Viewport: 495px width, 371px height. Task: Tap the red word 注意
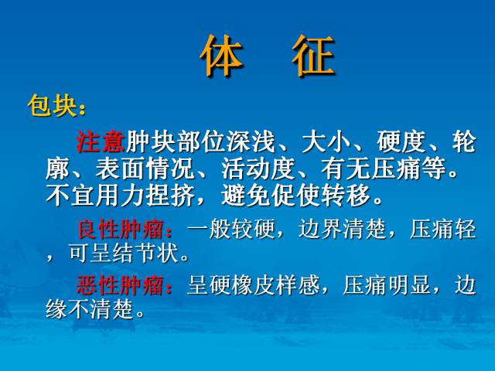(x=101, y=142)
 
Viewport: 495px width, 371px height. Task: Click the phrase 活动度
(x=251, y=168)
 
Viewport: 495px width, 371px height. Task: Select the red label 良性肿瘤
(x=125, y=230)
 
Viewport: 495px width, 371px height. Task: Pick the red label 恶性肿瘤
(x=125, y=286)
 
